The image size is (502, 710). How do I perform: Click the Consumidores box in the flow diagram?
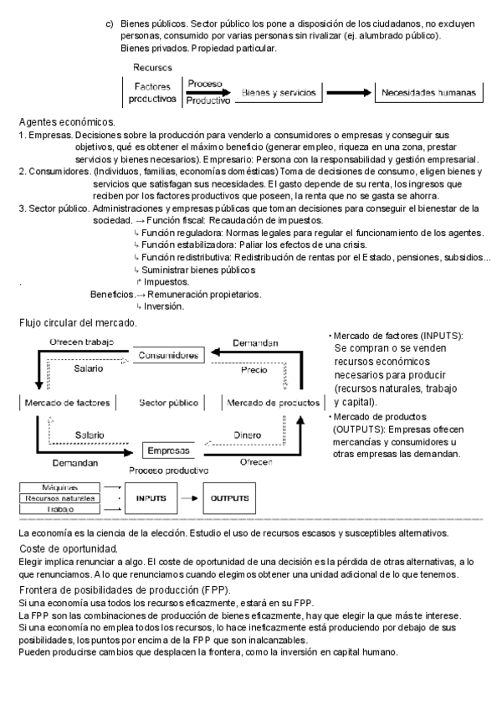[168, 355]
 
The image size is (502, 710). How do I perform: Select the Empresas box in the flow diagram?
[168, 450]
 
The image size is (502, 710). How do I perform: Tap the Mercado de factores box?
[68, 403]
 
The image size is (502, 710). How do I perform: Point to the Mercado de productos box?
[273, 403]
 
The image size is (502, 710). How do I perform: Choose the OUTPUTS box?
[229, 498]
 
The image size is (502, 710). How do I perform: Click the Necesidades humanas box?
[428, 92]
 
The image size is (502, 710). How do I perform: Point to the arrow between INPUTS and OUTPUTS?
[190, 498]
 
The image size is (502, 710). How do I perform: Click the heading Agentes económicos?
[66, 122]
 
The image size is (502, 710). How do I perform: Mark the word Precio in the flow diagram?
[254, 368]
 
